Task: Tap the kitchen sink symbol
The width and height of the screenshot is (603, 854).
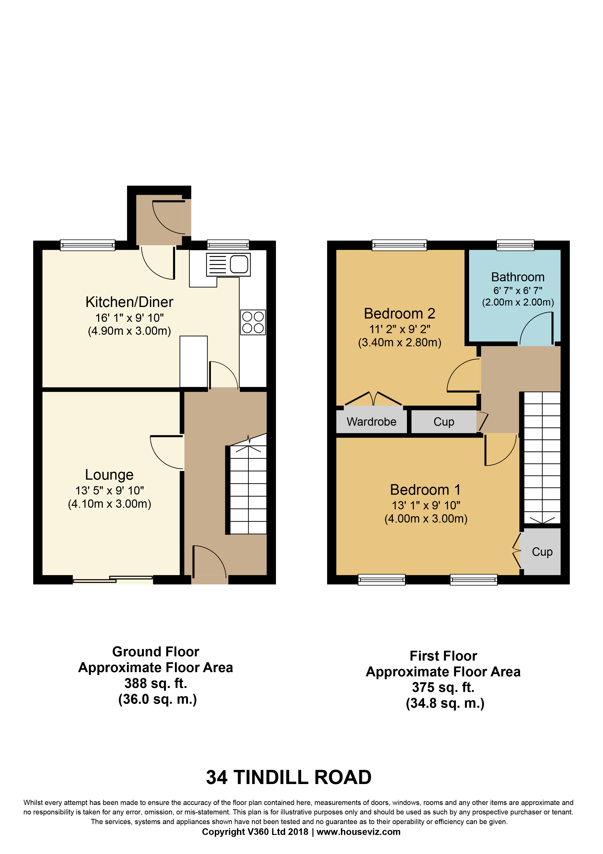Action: coord(229,265)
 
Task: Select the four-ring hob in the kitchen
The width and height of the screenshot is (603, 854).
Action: coord(253,322)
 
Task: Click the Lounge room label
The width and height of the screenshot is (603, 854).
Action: coord(109,475)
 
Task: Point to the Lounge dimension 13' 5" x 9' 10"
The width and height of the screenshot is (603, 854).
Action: coord(110,490)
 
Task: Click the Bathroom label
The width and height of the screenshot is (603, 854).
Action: coord(518,277)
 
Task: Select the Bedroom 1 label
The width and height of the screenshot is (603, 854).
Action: coord(425,490)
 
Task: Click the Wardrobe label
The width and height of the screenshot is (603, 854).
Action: coord(372,422)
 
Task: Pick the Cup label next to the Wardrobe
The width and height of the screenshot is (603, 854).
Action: coord(444,422)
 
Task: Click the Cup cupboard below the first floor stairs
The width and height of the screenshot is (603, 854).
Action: coord(542,551)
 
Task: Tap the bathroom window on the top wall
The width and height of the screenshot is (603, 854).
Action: coord(515,245)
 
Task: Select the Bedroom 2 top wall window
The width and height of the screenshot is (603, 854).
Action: coord(399,245)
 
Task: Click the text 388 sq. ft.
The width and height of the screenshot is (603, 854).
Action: coord(156,683)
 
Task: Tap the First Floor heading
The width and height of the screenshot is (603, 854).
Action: coord(443,656)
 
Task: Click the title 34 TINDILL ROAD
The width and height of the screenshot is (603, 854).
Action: coord(289,777)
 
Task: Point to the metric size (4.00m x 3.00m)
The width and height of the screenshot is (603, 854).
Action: coord(426,519)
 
